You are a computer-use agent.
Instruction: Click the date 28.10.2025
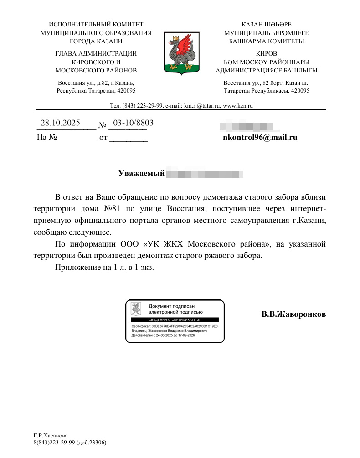[60, 123]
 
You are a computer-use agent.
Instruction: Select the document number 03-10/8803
[133, 123]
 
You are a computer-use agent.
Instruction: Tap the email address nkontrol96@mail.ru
[260, 136]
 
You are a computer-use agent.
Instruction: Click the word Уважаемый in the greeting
[141, 174]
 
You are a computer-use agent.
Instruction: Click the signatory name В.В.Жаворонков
[293, 314]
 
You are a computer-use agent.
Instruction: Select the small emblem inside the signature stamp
[136, 309]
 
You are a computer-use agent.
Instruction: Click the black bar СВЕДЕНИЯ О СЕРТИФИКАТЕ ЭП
[175, 320]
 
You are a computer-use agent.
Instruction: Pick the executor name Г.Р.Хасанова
[51, 436]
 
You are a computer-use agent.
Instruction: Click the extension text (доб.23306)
[91, 442]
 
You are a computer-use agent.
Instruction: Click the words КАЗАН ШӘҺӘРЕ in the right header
[266, 24]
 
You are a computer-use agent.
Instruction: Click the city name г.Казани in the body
[309, 221]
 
